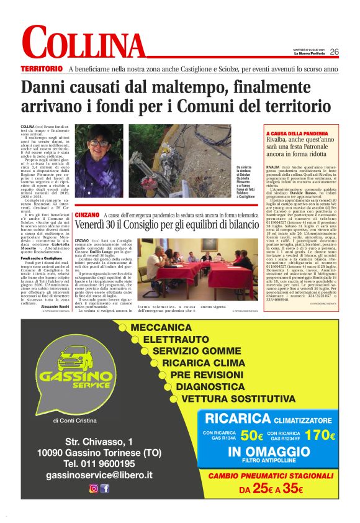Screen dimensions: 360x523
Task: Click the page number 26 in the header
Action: click(x=334, y=52)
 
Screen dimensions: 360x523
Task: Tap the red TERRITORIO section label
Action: click(x=42, y=68)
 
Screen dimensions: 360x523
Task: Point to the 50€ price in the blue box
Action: click(x=252, y=435)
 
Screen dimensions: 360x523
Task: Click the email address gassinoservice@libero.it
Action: click(x=99, y=475)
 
